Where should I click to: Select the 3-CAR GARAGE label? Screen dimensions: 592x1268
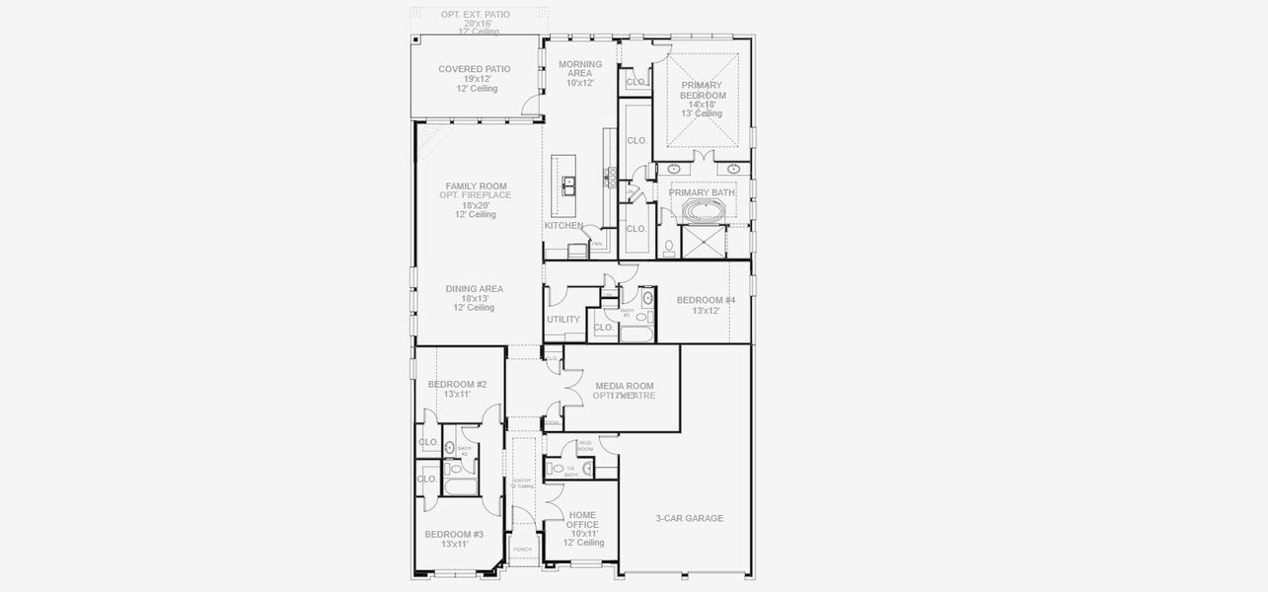pos(690,518)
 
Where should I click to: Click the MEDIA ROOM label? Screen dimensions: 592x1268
pos(624,386)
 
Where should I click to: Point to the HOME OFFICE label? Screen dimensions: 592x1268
pos(583,519)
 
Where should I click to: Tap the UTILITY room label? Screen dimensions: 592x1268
pos(563,320)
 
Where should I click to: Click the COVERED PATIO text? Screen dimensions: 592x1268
pos(475,69)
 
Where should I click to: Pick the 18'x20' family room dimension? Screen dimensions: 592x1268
pos(475,205)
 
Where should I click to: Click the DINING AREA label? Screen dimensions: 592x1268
pos(475,289)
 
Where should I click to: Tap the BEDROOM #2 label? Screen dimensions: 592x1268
pos(457,385)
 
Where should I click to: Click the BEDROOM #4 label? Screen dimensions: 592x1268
pos(706,300)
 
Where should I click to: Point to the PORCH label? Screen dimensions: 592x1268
pos(522,550)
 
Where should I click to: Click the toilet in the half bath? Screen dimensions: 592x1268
pos(556,470)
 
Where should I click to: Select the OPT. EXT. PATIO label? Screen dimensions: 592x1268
pos(476,15)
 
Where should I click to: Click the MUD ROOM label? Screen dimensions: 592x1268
pos(585,446)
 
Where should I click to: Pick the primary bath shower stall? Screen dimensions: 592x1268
pos(704,242)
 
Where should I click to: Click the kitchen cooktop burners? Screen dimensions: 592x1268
pos(612,179)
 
